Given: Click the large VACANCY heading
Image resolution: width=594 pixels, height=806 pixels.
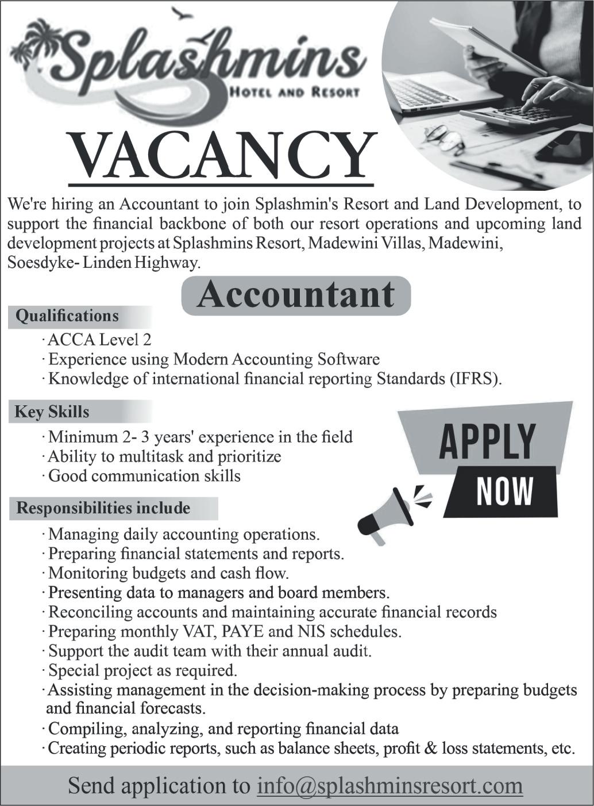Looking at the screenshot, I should click(221, 156).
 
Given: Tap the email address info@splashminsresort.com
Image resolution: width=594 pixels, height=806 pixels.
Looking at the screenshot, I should click(390, 785).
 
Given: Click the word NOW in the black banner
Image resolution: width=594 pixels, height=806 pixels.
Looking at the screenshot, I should click(504, 492).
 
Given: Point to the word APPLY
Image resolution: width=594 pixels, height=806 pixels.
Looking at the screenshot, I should click(488, 442).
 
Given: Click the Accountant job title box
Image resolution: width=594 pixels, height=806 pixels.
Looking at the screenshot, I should click(296, 295).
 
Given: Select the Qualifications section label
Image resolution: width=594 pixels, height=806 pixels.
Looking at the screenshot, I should click(67, 316).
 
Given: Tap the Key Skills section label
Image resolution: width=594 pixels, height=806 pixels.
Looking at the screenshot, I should click(52, 412).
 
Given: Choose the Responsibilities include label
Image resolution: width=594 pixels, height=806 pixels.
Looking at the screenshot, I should click(103, 508).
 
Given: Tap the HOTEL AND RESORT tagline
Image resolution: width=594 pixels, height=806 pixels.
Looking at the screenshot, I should click(294, 91).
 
